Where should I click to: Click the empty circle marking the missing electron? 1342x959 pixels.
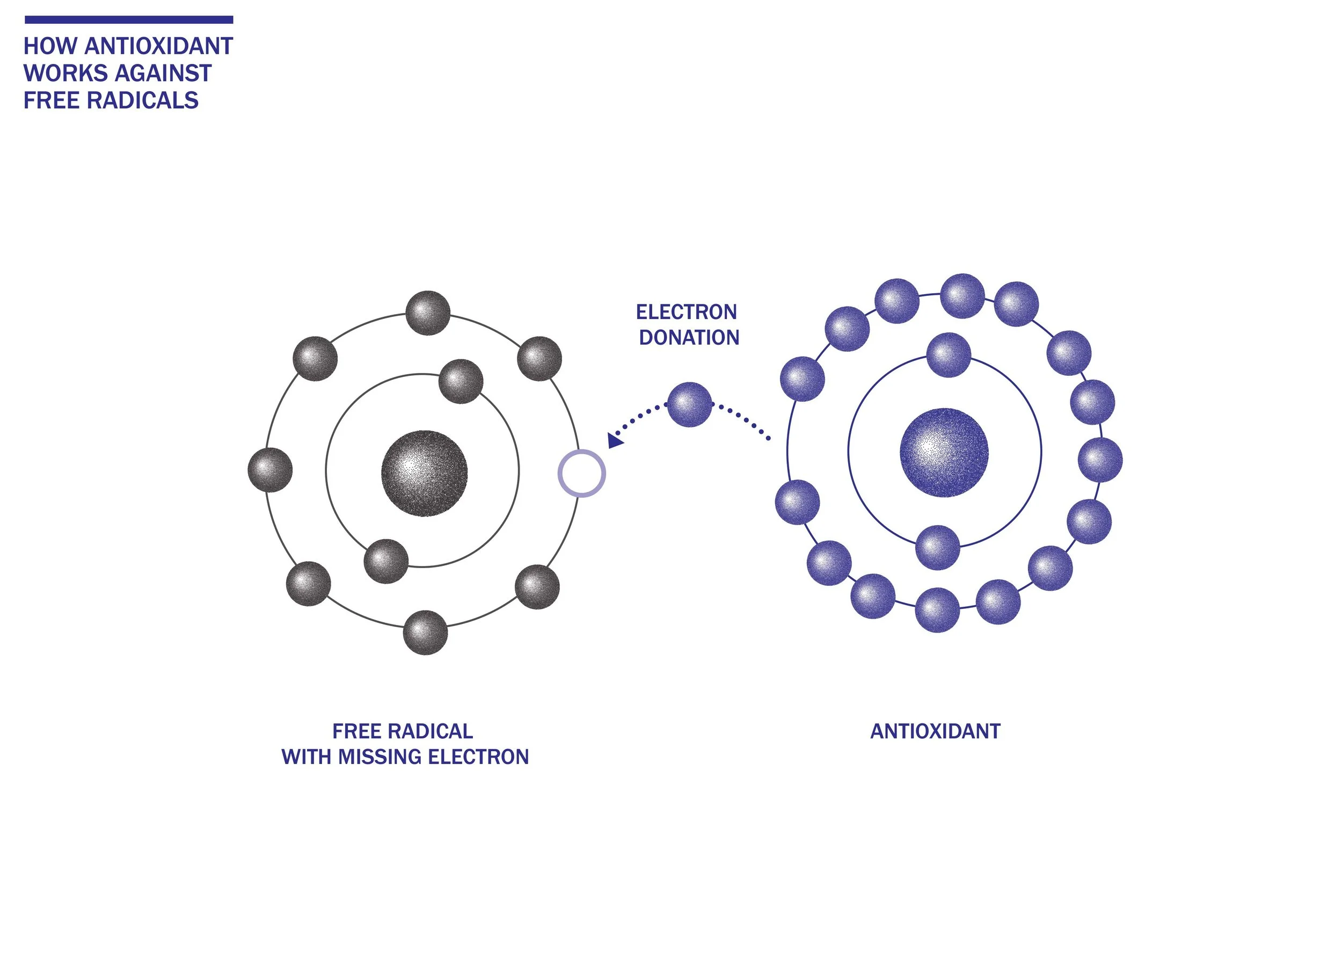tap(581, 473)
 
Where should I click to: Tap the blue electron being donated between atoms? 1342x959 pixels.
tap(689, 404)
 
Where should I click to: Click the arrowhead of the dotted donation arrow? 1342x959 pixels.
tap(615, 440)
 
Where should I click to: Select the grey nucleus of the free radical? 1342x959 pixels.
tap(425, 474)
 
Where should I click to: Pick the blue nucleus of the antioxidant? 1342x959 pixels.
tap(944, 452)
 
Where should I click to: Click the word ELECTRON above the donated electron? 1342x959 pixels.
tap(686, 312)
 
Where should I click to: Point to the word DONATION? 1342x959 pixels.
tap(689, 338)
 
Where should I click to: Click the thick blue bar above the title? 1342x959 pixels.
tap(129, 20)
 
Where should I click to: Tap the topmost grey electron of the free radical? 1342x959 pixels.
tap(428, 313)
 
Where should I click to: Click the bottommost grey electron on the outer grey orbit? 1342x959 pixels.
tap(425, 633)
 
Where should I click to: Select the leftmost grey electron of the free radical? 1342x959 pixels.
tap(270, 470)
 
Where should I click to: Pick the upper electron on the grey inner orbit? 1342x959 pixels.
tap(461, 381)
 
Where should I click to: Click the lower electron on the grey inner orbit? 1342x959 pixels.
tap(386, 561)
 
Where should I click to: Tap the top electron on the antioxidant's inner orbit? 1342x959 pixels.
tap(949, 355)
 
